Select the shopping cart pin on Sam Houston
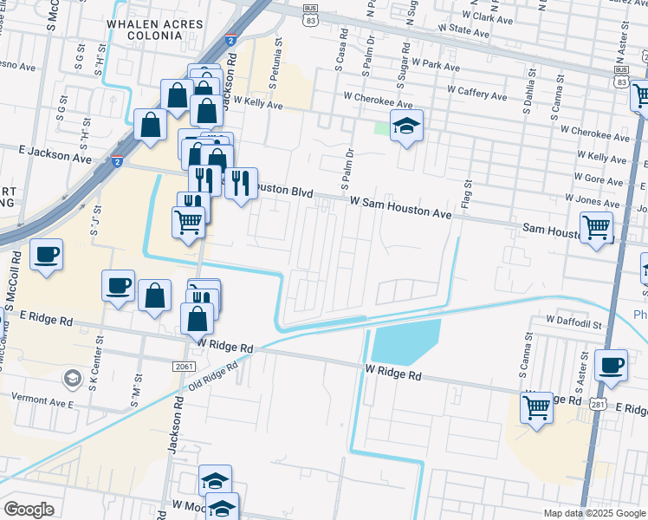tap(596, 229)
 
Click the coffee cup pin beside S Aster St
tap(612, 366)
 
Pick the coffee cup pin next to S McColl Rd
tap(46, 255)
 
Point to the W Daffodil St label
tap(573, 322)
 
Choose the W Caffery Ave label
tap(481, 88)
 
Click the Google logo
tap(29, 510)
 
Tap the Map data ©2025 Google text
tap(593, 513)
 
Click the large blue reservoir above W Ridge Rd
tap(405, 341)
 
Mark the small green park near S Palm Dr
tap(382, 128)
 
